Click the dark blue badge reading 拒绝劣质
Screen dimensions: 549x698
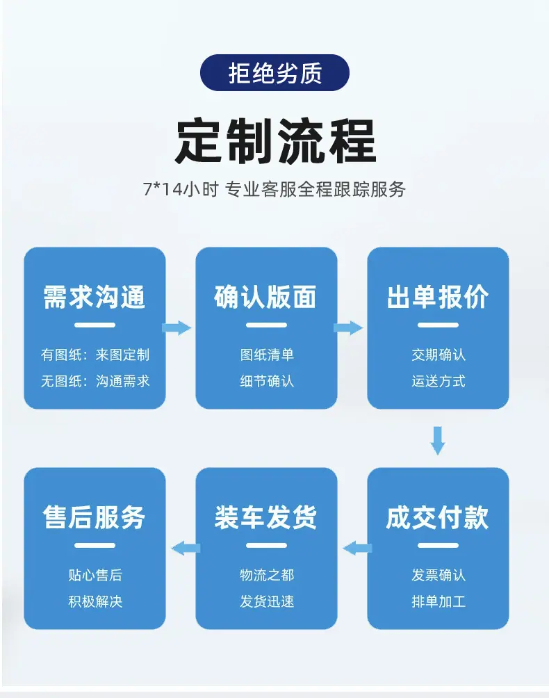tap(274, 72)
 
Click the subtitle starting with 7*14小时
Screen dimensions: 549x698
tap(274, 190)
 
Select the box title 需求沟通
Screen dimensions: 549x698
tap(95, 297)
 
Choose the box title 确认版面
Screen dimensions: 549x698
tap(265, 297)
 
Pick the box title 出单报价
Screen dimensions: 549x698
tap(438, 297)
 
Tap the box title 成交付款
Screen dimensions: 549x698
tap(438, 517)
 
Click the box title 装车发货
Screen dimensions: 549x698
tap(265, 517)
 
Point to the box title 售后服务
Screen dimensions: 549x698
tap(95, 517)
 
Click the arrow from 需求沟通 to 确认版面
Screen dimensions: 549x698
tap(177, 328)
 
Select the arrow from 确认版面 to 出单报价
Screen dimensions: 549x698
tap(348, 328)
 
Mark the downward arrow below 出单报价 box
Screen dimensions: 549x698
tap(438, 441)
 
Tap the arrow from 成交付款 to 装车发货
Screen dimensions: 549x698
tap(357, 548)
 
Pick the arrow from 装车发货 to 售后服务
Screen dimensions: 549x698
tap(186, 548)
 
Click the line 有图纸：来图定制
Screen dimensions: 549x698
tap(95, 355)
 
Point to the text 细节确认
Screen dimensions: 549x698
tap(267, 381)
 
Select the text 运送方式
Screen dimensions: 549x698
tap(439, 381)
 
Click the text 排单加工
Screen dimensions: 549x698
tap(439, 601)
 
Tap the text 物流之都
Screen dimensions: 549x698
tap(267, 575)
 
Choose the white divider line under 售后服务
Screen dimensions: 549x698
tap(95, 545)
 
